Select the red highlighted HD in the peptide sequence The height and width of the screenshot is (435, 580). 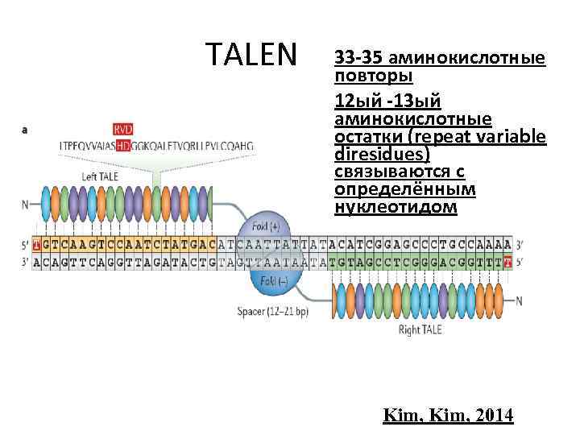123,146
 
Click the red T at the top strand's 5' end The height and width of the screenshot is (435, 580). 35,243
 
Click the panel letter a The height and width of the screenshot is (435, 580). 27,129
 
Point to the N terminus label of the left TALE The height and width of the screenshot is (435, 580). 25,204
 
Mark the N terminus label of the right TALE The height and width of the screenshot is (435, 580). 519,300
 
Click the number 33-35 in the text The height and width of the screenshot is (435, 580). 358,59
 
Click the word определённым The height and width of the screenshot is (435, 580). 404,189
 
